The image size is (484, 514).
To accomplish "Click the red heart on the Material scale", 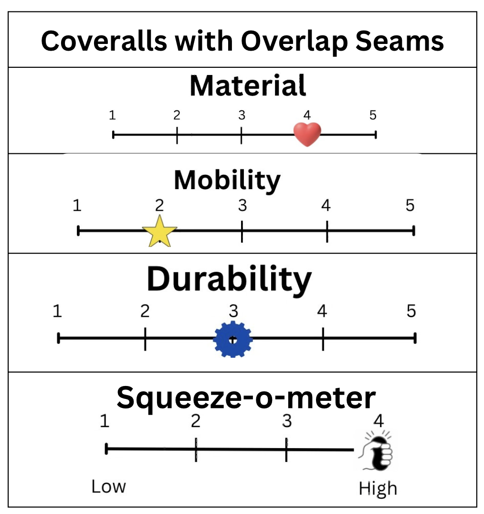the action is [x=307, y=134].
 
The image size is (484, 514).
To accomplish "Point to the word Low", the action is [x=109, y=487].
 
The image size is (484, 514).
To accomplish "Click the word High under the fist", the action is [x=378, y=489].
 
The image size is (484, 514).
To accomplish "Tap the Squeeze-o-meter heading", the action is [x=246, y=398].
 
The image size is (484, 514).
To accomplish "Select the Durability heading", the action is [x=229, y=279].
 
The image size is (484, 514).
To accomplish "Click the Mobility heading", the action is [x=227, y=181].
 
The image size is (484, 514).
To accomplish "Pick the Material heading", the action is [x=248, y=86].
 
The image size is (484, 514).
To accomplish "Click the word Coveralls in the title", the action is [x=104, y=41].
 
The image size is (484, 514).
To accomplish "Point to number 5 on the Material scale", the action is [x=373, y=115].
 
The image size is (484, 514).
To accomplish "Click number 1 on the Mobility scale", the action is [x=77, y=206].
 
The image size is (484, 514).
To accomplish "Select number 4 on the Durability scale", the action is [x=322, y=311].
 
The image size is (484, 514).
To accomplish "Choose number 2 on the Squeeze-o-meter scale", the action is [x=195, y=421].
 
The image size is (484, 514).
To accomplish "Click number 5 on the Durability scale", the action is [x=411, y=311].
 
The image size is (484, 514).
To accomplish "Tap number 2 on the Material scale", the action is [x=177, y=115].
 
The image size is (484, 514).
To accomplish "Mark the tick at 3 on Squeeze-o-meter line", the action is [x=286, y=450].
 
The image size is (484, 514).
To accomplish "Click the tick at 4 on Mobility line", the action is [x=327, y=231].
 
